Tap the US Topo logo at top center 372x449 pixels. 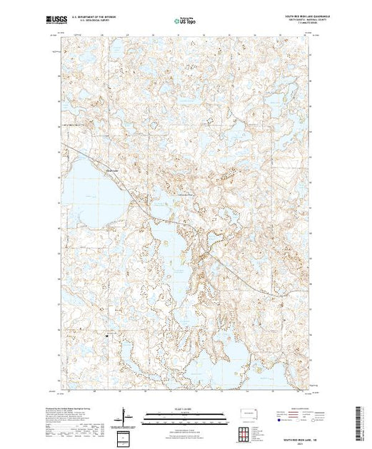[185, 21]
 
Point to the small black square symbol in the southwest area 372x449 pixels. [107, 335]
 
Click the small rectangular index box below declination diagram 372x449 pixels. [124, 436]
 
